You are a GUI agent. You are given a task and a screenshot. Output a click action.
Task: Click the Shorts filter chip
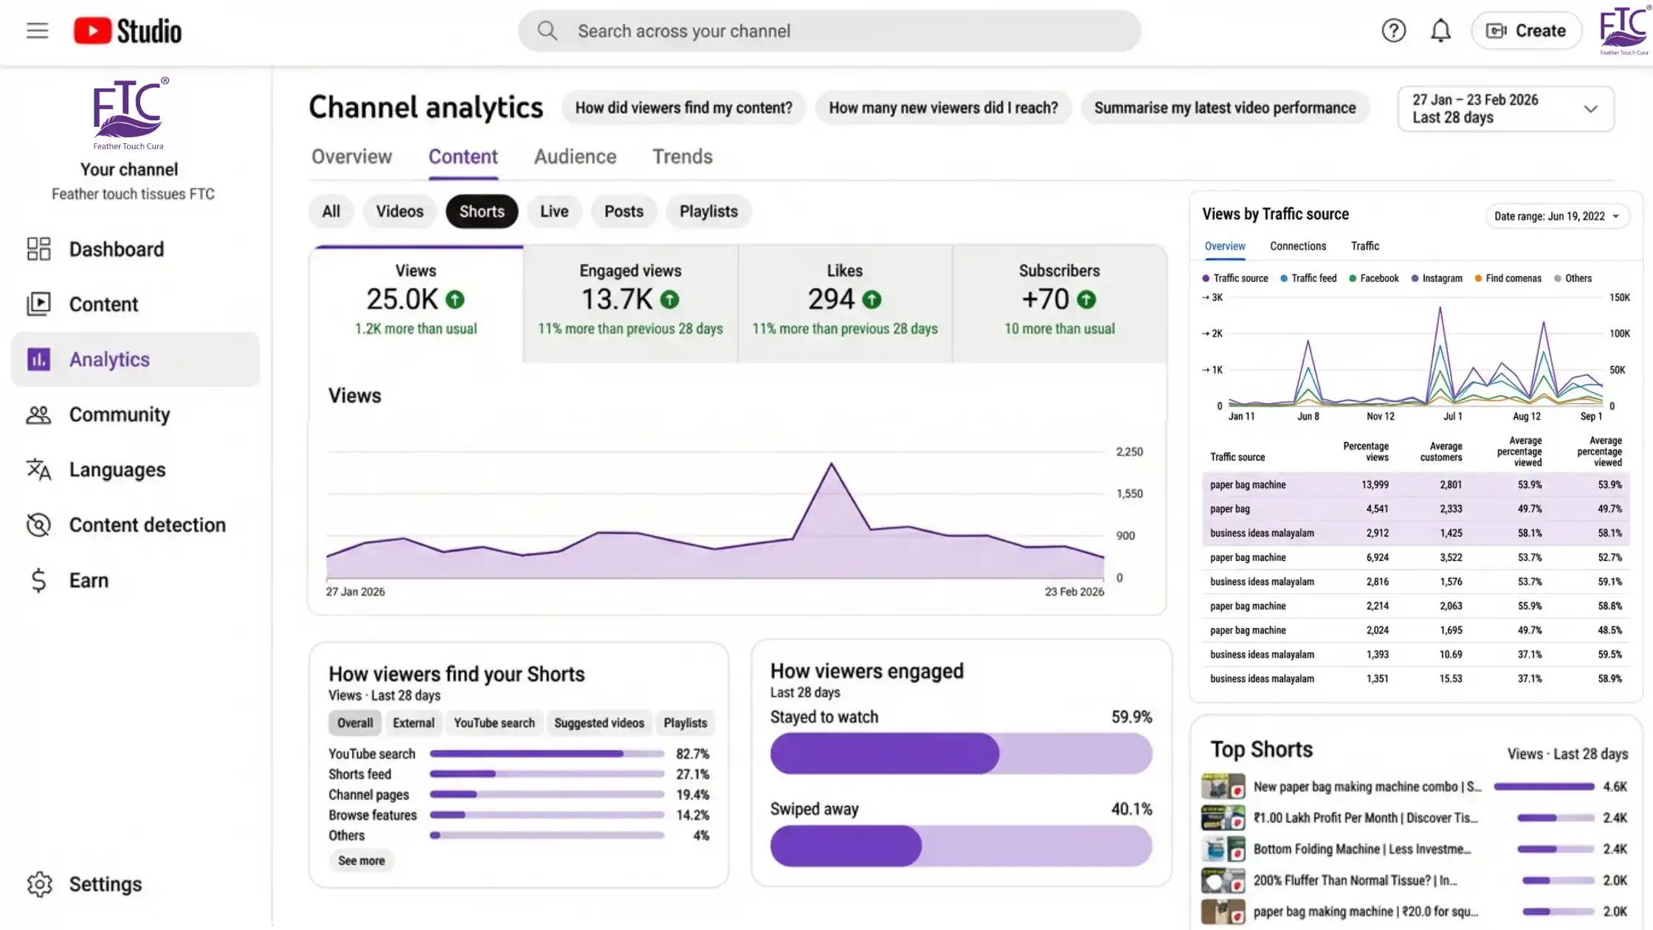(481, 212)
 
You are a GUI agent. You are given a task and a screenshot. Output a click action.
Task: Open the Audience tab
(575, 156)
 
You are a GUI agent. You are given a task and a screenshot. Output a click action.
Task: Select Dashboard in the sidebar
(116, 249)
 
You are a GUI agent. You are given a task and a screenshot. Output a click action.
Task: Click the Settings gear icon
(40, 883)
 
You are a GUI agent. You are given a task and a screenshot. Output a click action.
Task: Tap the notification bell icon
(1440, 31)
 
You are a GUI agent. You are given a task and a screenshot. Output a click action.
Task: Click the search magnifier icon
(547, 31)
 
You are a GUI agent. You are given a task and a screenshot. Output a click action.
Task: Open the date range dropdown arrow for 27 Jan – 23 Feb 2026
(1590, 109)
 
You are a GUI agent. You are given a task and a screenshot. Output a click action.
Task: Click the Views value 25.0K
(402, 299)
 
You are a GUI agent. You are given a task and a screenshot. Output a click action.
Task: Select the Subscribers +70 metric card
(1059, 303)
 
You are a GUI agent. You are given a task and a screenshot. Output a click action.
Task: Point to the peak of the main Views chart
(831, 464)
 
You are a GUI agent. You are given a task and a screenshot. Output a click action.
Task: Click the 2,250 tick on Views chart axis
(1129, 452)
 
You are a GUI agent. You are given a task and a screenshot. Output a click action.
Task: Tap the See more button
(361, 861)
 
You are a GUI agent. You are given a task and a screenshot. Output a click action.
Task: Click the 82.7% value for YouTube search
(692, 754)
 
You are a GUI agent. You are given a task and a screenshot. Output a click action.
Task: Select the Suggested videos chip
(598, 723)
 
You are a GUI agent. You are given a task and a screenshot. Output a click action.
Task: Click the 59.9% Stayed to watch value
(1131, 717)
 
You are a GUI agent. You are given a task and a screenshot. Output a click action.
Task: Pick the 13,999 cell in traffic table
(1375, 485)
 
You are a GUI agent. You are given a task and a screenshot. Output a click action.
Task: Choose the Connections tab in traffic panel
(1297, 246)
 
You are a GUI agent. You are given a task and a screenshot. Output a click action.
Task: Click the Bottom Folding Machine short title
(1362, 849)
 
